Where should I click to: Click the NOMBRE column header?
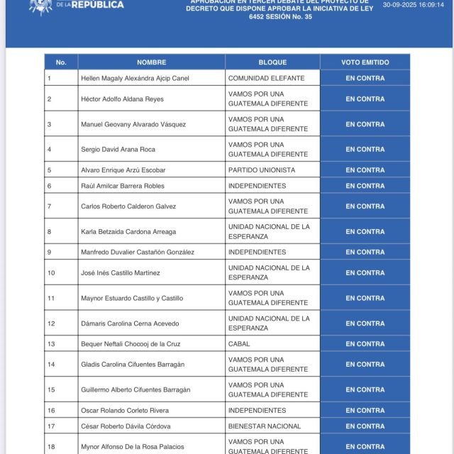point(151,62)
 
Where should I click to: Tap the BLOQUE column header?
point(272,62)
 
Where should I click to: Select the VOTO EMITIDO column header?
point(365,62)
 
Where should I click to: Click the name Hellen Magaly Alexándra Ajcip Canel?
point(135,78)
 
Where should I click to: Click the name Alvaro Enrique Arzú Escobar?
point(123,170)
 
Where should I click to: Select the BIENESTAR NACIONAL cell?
point(265,426)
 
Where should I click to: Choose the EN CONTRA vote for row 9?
point(365,252)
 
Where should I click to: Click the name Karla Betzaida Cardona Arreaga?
point(128,231)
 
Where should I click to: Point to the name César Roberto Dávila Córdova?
point(126,426)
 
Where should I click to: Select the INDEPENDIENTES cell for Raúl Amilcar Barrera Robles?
point(256,186)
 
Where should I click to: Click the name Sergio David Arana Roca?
point(118,150)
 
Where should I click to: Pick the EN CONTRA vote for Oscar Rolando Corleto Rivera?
point(365,410)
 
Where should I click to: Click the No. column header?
point(61,62)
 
